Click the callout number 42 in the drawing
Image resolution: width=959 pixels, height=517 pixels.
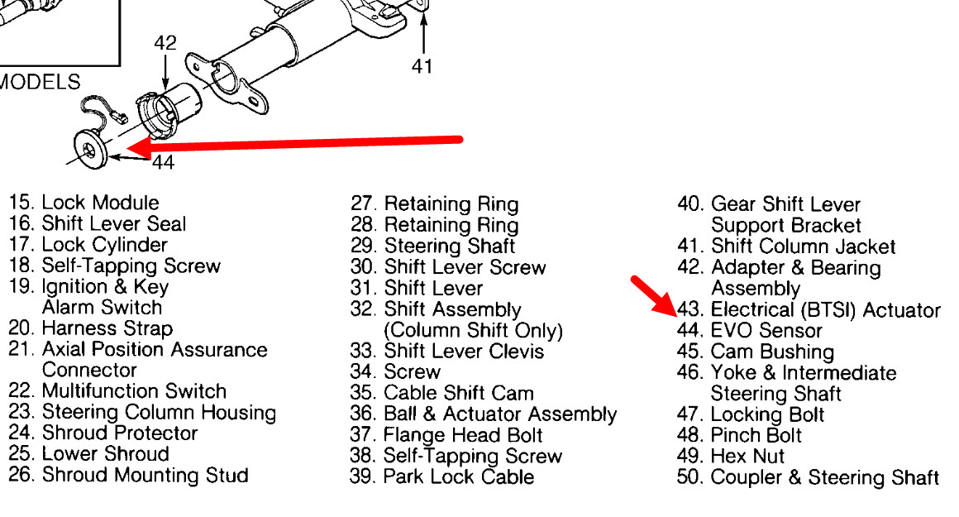tap(165, 43)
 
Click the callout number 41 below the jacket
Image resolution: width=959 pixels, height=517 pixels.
tap(422, 65)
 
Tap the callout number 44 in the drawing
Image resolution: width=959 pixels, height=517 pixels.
tap(164, 163)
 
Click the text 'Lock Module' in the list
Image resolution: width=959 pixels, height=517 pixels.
tap(100, 203)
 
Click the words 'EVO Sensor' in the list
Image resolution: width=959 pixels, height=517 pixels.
tap(766, 332)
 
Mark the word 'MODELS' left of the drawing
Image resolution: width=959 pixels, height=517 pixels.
tap(40, 82)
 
